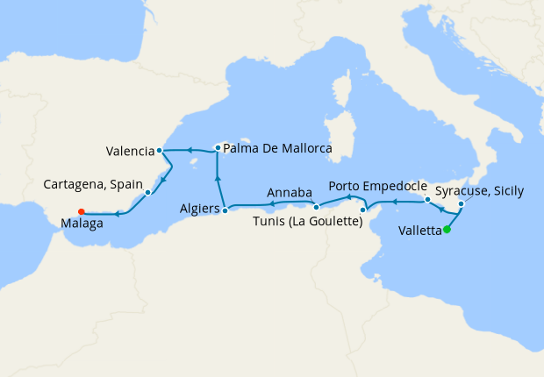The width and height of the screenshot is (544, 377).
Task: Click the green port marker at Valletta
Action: tap(447, 231)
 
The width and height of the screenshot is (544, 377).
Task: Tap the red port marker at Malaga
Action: tap(81, 210)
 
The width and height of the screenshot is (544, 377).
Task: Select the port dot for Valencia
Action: tap(159, 151)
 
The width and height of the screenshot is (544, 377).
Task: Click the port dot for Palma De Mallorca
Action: tap(217, 147)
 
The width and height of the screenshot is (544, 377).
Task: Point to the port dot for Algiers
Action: tap(225, 210)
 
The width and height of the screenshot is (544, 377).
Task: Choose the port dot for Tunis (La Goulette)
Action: tap(363, 210)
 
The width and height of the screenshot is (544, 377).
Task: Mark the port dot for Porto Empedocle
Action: tap(427, 201)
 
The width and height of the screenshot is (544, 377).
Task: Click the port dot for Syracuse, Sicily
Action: tap(461, 204)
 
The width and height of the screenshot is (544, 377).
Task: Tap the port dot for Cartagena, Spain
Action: tap(148, 192)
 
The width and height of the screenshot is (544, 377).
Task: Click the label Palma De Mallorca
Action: tap(277, 149)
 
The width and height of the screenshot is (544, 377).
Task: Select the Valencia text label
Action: tap(129, 151)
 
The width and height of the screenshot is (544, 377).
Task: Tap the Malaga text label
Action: tap(82, 224)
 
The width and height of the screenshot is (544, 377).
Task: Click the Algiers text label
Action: tap(199, 210)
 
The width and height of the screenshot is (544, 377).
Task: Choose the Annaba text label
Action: tap(288, 192)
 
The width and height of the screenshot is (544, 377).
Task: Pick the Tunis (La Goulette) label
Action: tap(313, 223)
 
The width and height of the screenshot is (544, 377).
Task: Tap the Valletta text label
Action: tap(419, 231)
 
